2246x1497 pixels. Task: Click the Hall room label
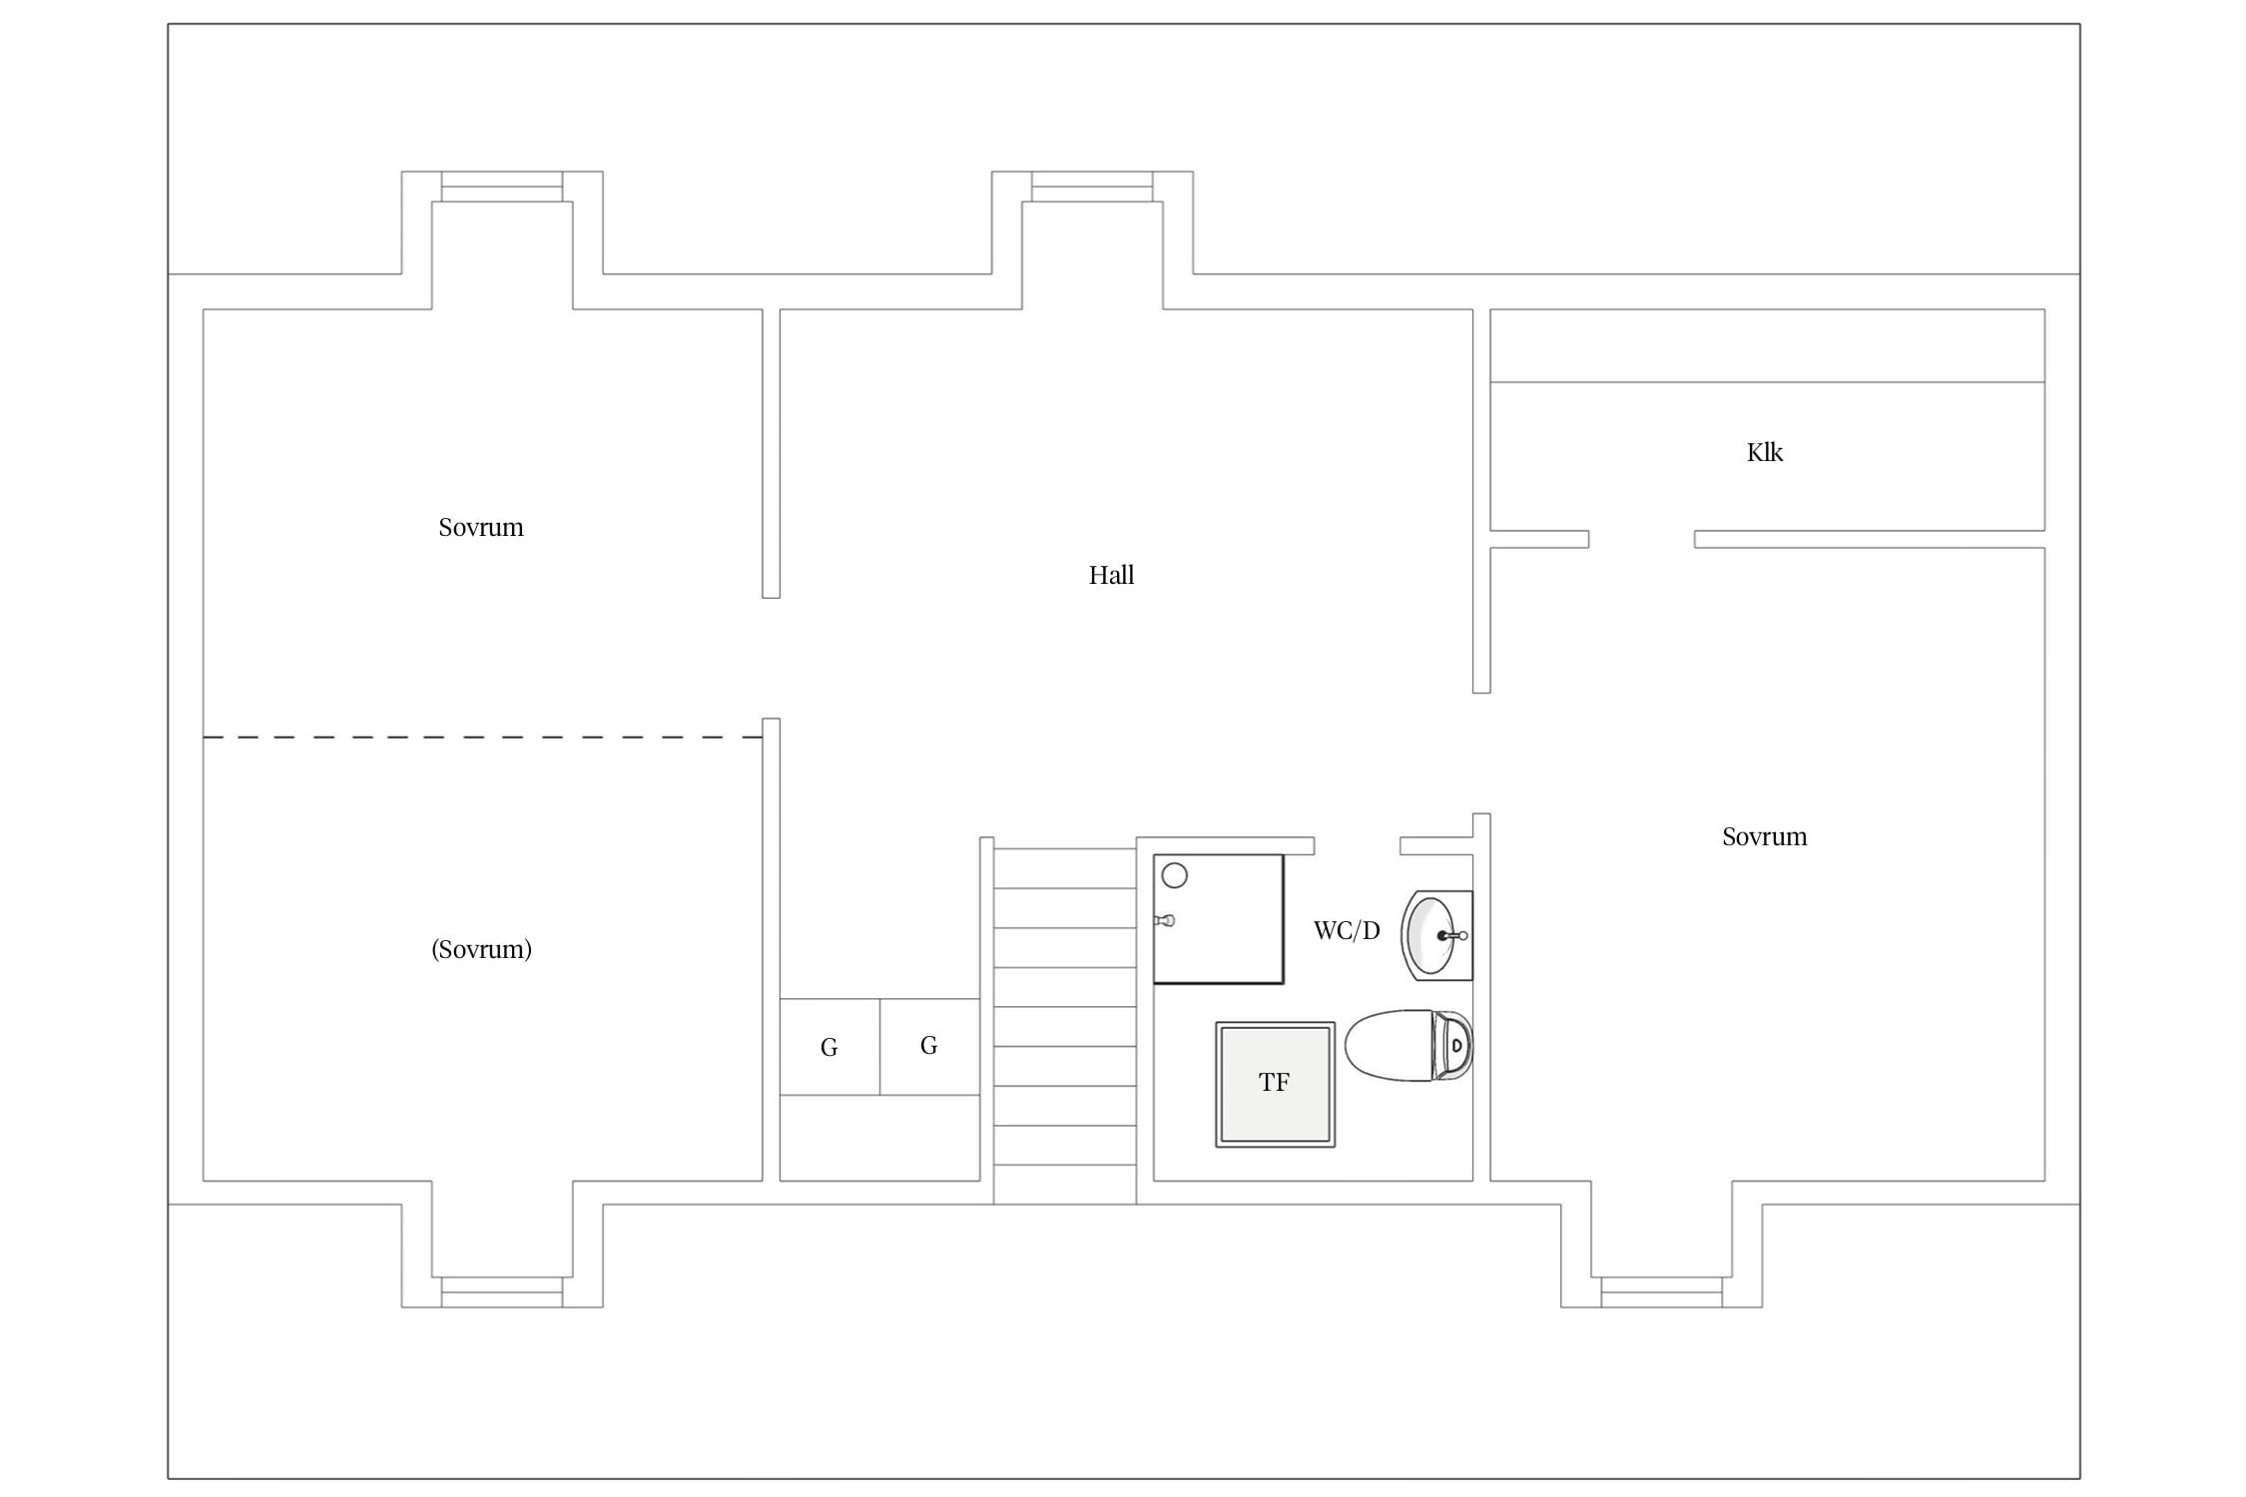point(1111,575)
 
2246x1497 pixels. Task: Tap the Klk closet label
point(1764,452)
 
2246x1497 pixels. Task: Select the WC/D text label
point(1347,930)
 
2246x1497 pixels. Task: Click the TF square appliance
point(1275,1084)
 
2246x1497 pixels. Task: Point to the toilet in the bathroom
point(1408,1045)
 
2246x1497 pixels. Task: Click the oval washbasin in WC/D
point(1436,935)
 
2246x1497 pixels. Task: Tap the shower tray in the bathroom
point(1218,918)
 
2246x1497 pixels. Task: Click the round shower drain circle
point(1175,876)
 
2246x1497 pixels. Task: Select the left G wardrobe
point(830,1047)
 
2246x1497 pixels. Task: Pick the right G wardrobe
point(929,1047)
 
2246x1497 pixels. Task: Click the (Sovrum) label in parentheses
point(481,949)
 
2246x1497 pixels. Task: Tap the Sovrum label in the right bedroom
point(1764,836)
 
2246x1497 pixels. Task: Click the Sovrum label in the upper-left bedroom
point(481,527)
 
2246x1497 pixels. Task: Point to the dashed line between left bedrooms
point(482,737)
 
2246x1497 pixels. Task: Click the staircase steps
point(1064,1025)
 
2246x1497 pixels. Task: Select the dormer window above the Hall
point(1092,187)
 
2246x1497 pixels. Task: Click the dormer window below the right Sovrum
point(1661,1291)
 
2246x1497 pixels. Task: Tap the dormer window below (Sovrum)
point(502,1291)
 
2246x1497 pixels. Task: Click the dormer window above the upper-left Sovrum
point(502,187)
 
